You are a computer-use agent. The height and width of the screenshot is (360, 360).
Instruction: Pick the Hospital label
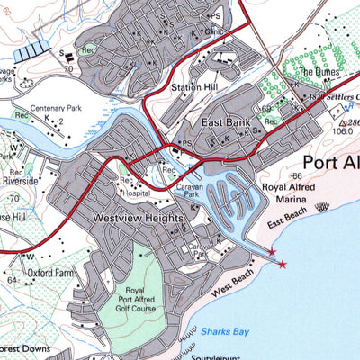pos(139,193)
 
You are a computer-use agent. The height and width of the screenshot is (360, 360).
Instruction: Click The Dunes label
pos(319,72)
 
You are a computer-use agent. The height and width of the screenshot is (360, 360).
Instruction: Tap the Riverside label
pos(41,180)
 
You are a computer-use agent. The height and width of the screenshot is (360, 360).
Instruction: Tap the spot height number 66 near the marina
pos(295,175)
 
